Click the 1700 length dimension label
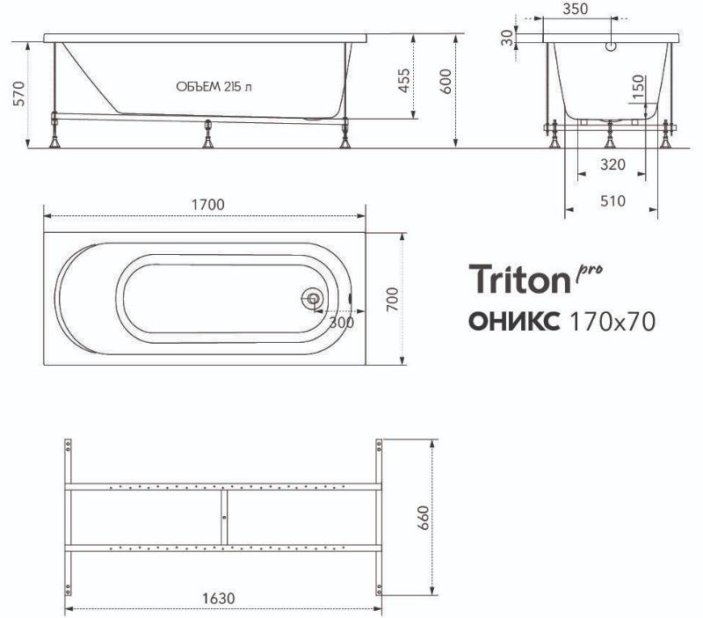click(208, 205)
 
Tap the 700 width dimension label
click(392, 300)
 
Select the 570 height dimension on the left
click(19, 93)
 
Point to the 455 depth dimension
click(404, 81)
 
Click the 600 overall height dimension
click(446, 81)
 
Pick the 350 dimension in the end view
click(576, 9)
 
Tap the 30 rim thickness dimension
click(507, 38)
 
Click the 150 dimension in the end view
click(638, 87)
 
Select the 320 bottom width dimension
click(612, 164)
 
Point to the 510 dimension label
click(612, 201)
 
